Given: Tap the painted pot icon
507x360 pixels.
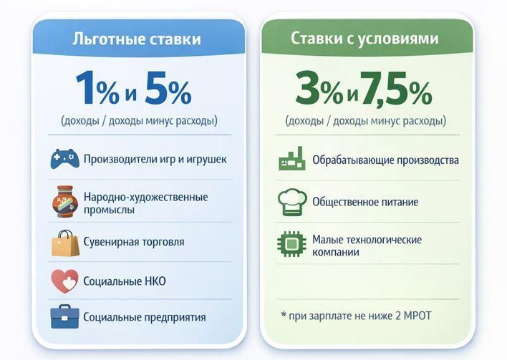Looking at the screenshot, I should pyautogui.click(x=64, y=201).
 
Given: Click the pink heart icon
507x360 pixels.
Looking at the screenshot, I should pyautogui.click(x=64, y=281).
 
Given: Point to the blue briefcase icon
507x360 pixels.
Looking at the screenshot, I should pyautogui.click(x=64, y=316).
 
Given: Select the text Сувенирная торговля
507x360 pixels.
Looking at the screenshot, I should pyautogui.click(x=134, y=243).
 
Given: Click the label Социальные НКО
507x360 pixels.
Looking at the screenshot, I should pyautogui.click(x=125, y=281).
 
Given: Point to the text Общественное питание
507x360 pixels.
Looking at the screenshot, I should pyautogui.click(x=365, y=202).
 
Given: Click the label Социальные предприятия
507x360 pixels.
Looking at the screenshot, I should pyautogui.click(x=145, y=316).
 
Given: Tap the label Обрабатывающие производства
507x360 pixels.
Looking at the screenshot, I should pyautogui.click(x=385, y=160).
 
